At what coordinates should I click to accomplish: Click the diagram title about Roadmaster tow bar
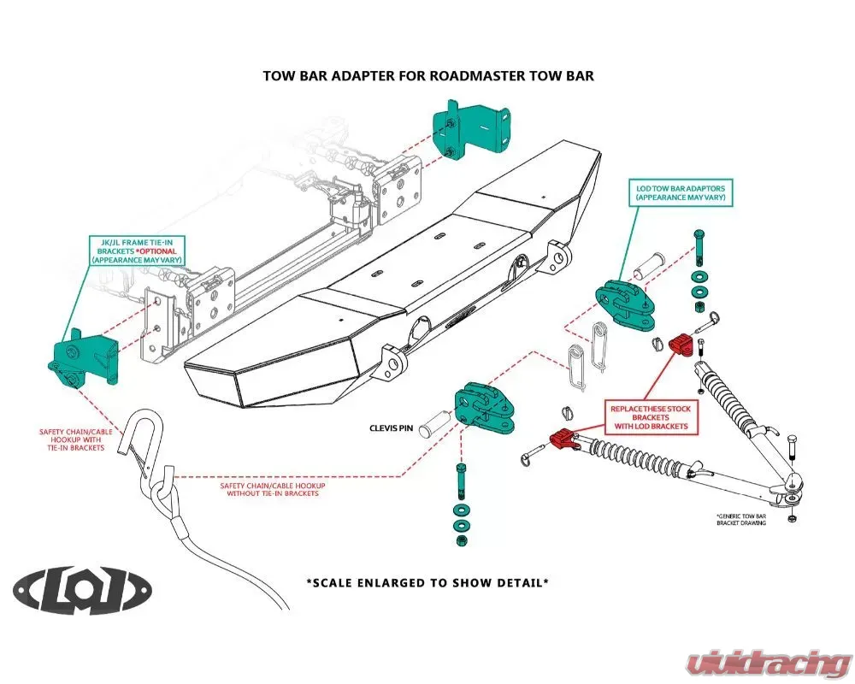point(427,76)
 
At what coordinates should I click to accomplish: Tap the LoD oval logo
point(83,590)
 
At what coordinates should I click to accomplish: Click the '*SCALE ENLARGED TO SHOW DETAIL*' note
point(427,582)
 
